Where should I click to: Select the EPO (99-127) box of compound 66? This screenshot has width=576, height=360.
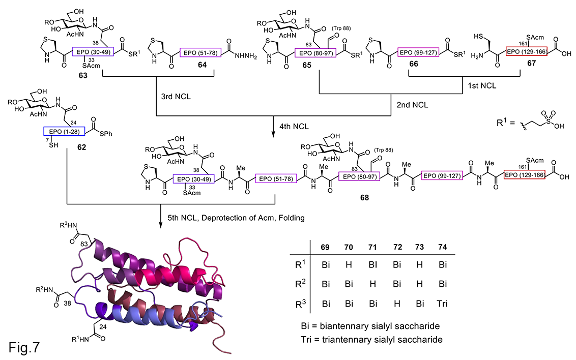pyautogui.click(x=418, y=53)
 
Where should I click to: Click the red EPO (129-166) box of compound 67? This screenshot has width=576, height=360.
pyautogui.click(x=526, y=53)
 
